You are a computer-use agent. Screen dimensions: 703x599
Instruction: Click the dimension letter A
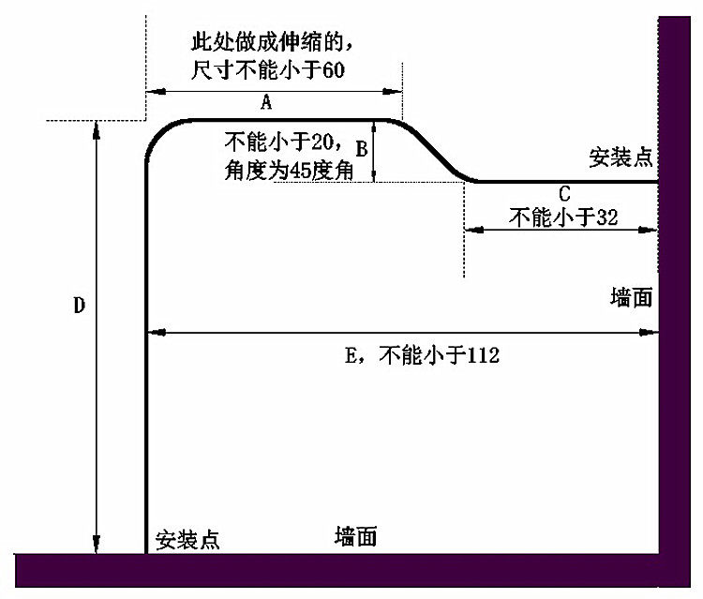tap(266, 103)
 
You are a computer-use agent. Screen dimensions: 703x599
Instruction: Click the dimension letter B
tap(362, 149)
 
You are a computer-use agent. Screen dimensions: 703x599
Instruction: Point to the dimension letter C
tap(564, 194)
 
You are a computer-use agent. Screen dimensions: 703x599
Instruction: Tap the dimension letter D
tap(80, 306)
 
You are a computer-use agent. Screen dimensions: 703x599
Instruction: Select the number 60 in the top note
tap(334, 71)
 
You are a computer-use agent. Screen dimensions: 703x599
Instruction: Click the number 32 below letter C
tap(607, 217)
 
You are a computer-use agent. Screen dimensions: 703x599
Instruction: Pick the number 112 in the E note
tap(484, 356)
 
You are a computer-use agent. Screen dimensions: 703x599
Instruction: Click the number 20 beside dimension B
tap(322, 142)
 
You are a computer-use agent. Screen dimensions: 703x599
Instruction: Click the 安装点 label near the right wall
tap(621, 157)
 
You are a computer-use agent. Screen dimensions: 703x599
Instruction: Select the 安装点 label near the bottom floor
tap(187, 540)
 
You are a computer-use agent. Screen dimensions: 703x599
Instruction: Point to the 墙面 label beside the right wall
tap(631, 298)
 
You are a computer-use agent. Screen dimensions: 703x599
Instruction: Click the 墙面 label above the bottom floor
tap(355, 536)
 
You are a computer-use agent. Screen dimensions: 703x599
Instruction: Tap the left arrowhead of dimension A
tap(155, 92)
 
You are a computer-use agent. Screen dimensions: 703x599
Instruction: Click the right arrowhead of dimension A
tap(393, 92)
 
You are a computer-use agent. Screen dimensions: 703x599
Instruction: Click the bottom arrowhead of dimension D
tap(96, 545)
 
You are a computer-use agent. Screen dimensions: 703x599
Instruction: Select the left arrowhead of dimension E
tap(157, 333)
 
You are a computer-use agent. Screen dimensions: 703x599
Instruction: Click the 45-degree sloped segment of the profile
tap(431, 149)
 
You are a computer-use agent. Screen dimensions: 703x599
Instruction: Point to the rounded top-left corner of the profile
tap(157, 133)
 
